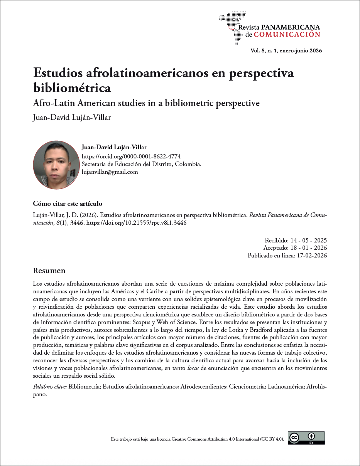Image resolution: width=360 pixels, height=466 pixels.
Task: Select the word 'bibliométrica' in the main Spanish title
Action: tap(72, 88)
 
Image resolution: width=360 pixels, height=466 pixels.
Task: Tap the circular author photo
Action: tap(56, 165)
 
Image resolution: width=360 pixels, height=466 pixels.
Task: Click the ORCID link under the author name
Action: tap(131, 156)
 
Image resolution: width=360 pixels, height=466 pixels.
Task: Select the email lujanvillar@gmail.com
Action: tap(110, 172)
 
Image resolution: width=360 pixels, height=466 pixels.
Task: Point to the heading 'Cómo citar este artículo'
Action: tap(68, 204)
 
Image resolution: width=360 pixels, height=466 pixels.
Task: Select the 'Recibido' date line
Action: tap(296, 240)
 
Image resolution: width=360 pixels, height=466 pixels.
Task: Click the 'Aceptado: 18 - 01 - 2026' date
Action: tap(295, 248)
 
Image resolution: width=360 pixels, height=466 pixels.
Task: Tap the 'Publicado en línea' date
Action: tap(287, 255)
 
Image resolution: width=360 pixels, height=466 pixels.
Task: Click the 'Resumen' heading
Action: tap(49, 271)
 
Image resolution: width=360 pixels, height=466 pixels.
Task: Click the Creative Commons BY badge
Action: tap(306, 438)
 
